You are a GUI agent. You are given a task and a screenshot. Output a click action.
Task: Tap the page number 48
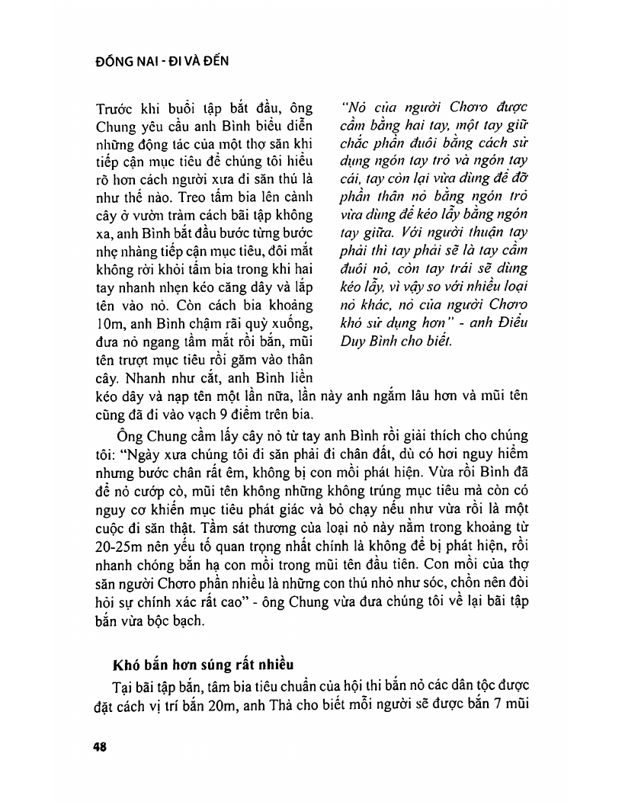[98, 747]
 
